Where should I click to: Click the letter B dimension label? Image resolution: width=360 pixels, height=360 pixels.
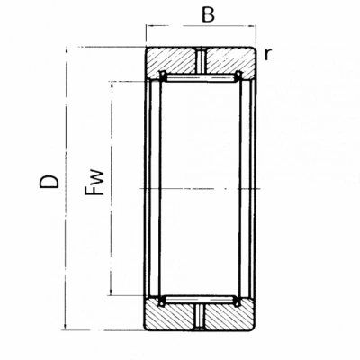pyautogui.click(x=208, y=14)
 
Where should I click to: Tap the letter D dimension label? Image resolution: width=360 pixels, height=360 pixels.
pyautogui.click(x=49, y=181)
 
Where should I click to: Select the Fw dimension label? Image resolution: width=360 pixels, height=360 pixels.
pyautogui.click(x=94, y=183)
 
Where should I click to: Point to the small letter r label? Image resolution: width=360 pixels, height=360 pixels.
pyautogui.click(x=267, y=54)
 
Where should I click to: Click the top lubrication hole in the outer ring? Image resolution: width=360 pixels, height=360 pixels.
pyautogui.click(x=202, y=60)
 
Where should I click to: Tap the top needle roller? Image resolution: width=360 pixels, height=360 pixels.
pyautogui.click(x=201, y=77)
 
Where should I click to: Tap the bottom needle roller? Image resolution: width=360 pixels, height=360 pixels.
pyautogui.click(x=200, y=299)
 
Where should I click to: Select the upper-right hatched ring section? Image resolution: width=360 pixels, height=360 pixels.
pyautogui.click(x=230, y=61)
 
